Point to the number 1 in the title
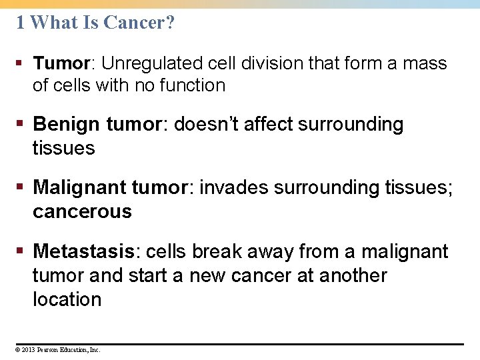(x=21, y=23)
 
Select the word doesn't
(x=211, y=125)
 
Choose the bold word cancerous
(x=82, y=211)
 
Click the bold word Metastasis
(x=84, y=251)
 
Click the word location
(x=67, y=299)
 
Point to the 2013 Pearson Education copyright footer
(x=58, y=349)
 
